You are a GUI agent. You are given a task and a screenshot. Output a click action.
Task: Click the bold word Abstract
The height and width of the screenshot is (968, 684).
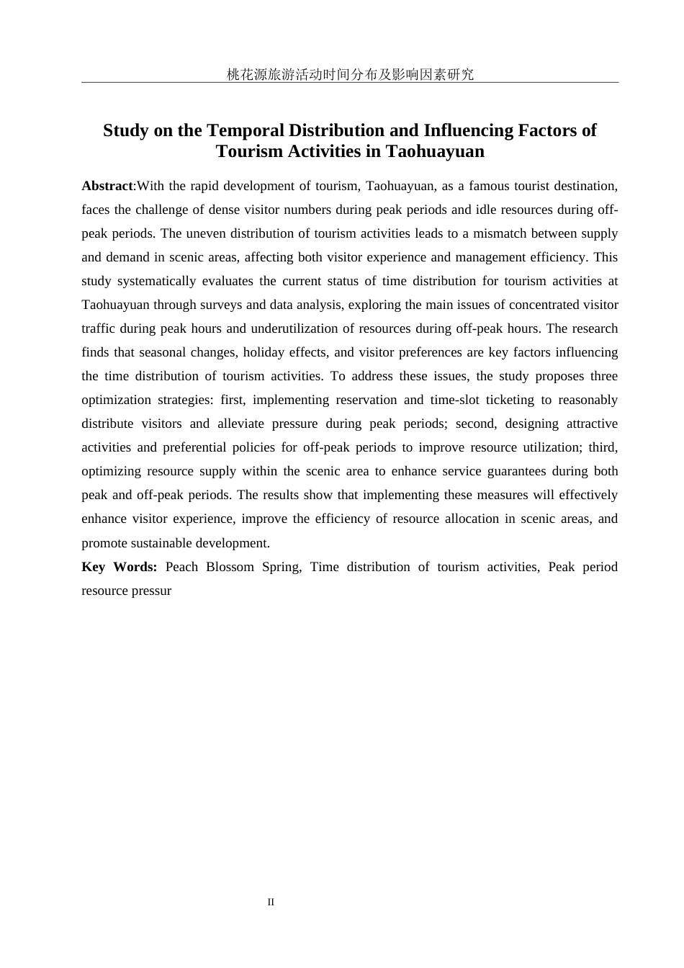click(107, 186)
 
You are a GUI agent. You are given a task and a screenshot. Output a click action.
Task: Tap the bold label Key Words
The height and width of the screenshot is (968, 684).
click(120, 567)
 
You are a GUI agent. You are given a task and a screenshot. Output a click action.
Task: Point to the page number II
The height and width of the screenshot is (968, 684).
click(271, 902)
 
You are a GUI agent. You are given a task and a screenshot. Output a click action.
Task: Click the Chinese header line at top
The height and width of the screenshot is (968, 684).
click(350, 74)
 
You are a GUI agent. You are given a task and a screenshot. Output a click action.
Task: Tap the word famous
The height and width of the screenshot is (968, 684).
click(490, 186)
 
